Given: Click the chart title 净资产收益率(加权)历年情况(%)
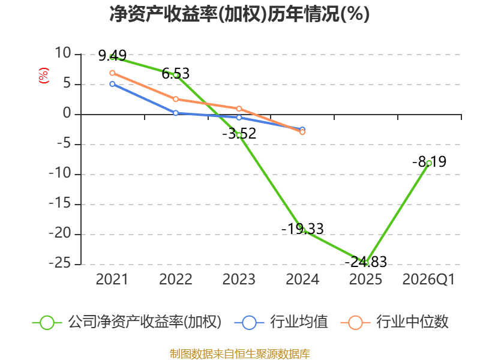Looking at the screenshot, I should (x=239, y=14).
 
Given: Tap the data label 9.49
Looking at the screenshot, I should (x=112, y=56).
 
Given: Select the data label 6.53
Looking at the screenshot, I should (x=175, y=74).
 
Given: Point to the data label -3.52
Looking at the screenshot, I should (x=239, y=133).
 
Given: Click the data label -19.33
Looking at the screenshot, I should (x=302, y=229).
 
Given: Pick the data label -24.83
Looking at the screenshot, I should (x=365, y=262).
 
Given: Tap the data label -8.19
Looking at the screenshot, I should (x=429, y=161).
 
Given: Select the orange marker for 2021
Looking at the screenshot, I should (x=112, y=73).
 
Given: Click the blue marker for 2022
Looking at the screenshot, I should (x=175, y=113).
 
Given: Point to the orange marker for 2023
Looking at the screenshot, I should (x=239, y=109).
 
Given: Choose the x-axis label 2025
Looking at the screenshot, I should (x=365, y=280).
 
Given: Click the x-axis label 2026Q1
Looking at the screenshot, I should (x=429, y=280).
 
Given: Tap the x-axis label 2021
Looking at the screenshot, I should (x=112, y=280).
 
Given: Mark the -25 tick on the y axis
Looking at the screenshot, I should (x=61, y=264).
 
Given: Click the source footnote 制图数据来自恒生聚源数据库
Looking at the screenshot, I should (x=239, y=353).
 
